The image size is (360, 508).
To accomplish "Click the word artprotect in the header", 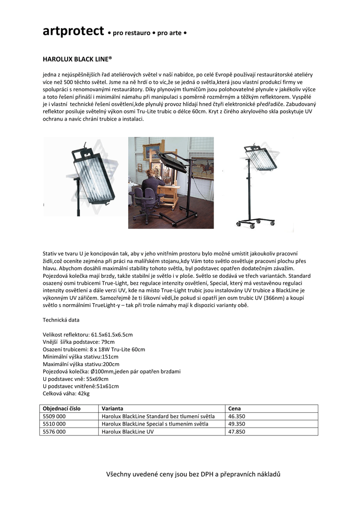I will pyautogui.click(x=73, y=32).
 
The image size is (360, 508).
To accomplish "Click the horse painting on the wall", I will pyautogui.click(x=202, y=168).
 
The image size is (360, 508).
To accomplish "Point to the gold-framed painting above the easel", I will pyautogui.click(x=154, y=150).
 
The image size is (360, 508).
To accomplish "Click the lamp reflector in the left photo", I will pyautogui.click(x=94, y=176).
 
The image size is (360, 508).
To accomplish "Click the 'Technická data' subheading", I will pyautogui.click(x=62, y=320).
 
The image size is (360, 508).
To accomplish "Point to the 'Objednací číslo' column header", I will pyautogui.click(x=62, y=408).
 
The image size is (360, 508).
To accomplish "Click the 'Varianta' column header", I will pyautogui.click(x=112, y=408).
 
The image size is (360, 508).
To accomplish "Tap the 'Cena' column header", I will pyautogui.click(x=234, y=408).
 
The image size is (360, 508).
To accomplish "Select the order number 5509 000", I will pyautogui.click(x=55, y=416).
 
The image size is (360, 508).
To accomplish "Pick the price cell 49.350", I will pyautogui.click(x=237, y=424).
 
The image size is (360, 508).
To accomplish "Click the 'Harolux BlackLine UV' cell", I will pyautogui.click(x=128, y=432).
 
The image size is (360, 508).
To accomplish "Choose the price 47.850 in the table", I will pyautogui.click(x=237, y=432).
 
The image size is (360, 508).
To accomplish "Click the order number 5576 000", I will pyautogui.click(x=55, y=432).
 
